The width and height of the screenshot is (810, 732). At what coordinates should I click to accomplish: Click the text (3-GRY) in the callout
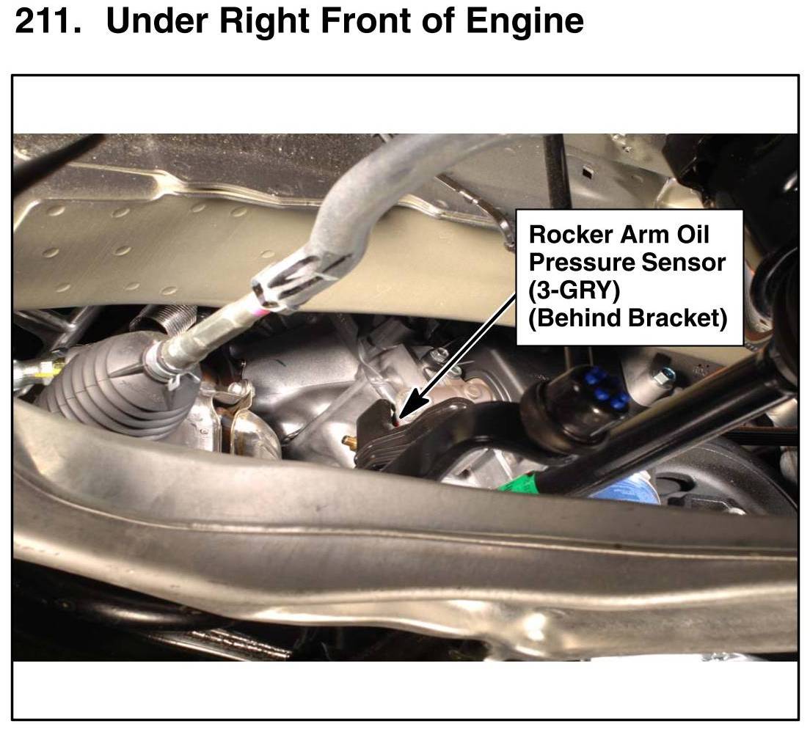click(x=574, y=291)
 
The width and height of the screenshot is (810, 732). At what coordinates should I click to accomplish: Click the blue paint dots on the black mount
click(x=609, y=388)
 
